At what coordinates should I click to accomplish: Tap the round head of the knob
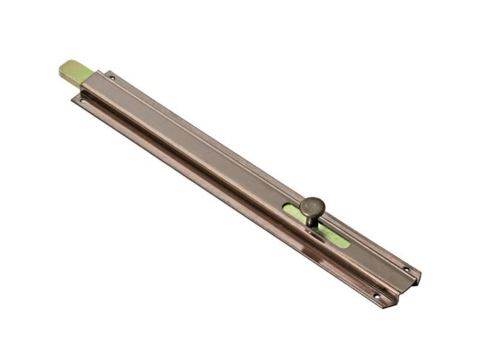pyautogui.click(x=312, y=207)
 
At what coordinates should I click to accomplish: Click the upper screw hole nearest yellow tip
pyautogui.click(x=112, y=78)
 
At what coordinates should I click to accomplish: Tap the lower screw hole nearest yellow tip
pyautogui.click(x=82, y=100)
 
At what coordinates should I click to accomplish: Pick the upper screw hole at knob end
pyautogui.click(x=405, y=269)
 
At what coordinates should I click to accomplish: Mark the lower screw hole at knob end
pyautogui.click(x=377, y=296)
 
